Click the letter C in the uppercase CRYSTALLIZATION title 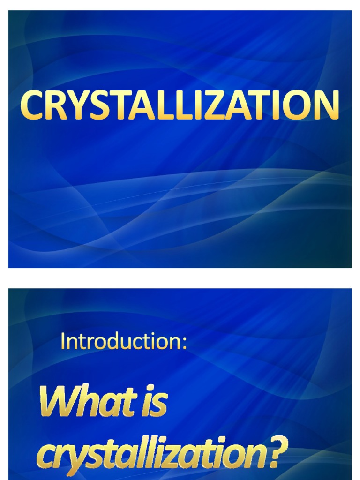click(x=31, y=105)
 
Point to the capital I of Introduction click(x=63, y=342)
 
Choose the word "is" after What click(x=153, y=403)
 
